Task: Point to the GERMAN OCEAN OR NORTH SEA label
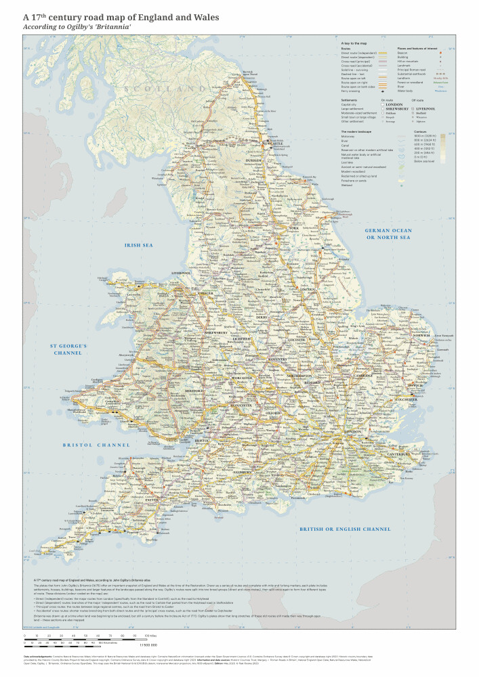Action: pos(388,234)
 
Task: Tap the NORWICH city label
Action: pos(423,335)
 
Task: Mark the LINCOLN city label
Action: pos(308,289)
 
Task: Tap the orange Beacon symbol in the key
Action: pos(440,52)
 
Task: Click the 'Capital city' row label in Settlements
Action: pos(352,104)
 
